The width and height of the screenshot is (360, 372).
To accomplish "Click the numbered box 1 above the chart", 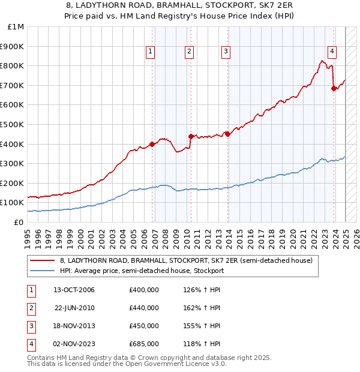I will [150, 52].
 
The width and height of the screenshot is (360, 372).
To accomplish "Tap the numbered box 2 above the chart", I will [189, 52].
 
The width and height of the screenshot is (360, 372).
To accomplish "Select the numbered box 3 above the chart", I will [226, 52].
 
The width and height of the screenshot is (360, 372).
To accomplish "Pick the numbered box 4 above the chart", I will [332, 52].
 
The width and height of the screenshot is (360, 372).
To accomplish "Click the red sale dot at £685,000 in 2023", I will [334, 88].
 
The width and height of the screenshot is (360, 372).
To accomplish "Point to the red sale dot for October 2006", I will [152, 144].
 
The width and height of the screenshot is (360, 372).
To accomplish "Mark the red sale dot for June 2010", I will [191, 136].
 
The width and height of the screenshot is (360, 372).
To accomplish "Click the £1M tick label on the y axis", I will [16, 27].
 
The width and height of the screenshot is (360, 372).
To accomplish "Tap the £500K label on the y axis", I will [13, 125].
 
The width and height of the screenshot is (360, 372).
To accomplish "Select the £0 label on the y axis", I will [19, 222].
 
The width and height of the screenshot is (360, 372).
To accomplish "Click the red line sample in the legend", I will [42, 260].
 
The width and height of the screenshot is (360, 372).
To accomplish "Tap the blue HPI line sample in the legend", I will [42, 271].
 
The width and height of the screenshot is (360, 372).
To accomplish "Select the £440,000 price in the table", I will [144, 308].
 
